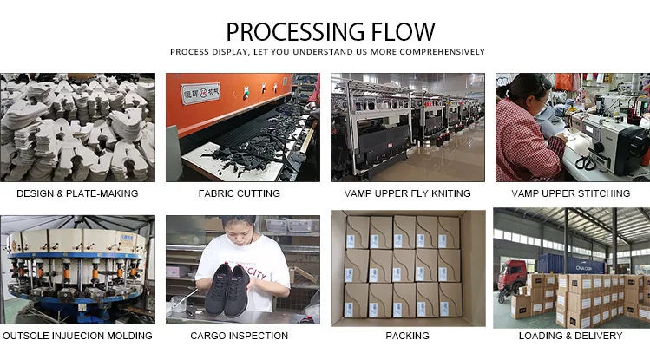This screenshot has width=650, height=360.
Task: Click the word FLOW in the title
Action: pos(401,33)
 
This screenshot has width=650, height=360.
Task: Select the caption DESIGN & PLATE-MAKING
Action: pos(78,193)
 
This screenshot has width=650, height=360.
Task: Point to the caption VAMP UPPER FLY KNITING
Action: pos(407,193)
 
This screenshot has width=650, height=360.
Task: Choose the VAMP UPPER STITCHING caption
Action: pos(570,193)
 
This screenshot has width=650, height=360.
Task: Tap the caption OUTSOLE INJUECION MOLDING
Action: pos(78,335)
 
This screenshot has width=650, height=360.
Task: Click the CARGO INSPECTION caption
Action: pos(241,335)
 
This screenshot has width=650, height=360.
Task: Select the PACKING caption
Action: pos(407,335)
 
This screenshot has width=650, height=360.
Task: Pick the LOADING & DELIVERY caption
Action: pos(570,335)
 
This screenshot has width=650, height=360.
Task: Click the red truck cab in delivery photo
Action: pos(512,277)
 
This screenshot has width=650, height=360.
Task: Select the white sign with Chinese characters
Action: pos(200,93)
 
